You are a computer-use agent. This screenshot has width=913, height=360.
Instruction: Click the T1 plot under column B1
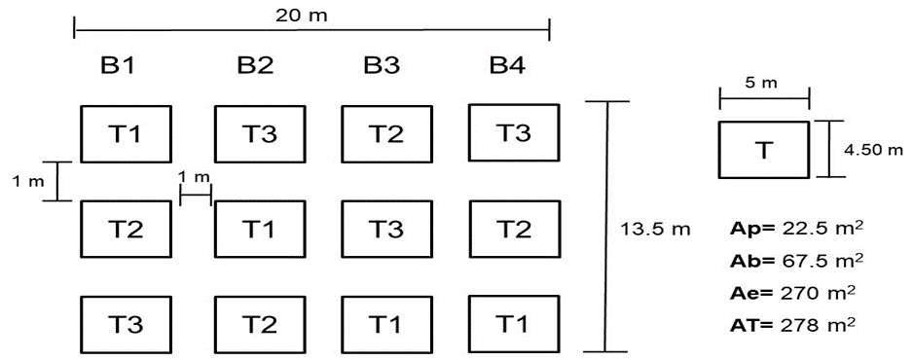point(126,133)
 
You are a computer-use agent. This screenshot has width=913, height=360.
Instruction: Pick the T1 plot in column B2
point(259,230)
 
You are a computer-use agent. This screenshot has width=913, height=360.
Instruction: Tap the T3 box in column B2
point(259,133)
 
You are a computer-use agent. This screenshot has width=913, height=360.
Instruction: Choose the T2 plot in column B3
point(386,133)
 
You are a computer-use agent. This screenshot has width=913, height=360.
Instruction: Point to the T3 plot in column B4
point(514,132)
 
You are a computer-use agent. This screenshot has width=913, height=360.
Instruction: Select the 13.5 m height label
point(655,230)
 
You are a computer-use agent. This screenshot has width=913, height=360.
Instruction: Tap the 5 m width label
point(761,83)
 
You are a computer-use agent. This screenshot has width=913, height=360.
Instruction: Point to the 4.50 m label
point(873,150)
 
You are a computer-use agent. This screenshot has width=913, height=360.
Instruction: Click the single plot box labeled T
point(764,150)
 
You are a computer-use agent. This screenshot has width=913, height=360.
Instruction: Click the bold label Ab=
point(750,261)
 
